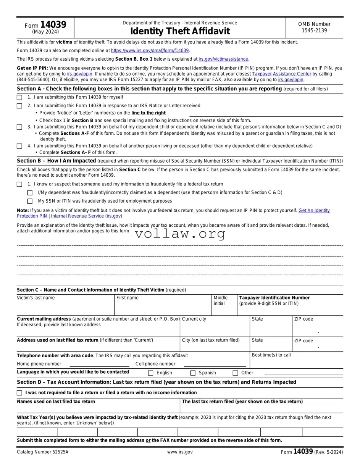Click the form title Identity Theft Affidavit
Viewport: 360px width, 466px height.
pyautogui.click(x=180, y=31)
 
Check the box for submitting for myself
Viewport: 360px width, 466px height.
pyautogui.click(x=19, y=97)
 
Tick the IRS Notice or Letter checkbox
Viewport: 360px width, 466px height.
pyautogui.click(x=19, y=106)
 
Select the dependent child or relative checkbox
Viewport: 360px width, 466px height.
pyautogui.click(x=19, y=127)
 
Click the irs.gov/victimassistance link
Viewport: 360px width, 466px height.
pyautogui.click(x=223, y=59)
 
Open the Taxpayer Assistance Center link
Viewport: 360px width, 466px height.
pyautogui.click(x=281, y=74)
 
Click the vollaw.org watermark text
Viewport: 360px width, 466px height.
pyautogui.click(x=180, y=234)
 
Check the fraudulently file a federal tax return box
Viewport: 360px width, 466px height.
pyautogui.click(x=19, y=184)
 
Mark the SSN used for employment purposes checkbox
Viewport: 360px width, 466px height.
pyautogui.click(x=30, y=201)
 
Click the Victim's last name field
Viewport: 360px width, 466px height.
pyautogui.click(x=65, y=308)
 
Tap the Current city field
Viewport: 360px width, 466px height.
pyautogui.click(x=215, y=329)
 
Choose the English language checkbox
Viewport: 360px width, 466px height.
pyautogui.click(x=150, y=373)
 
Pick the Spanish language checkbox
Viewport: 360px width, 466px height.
pyautogui.click(x=193, y=373)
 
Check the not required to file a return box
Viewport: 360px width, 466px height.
pyautogui.click(x=19, y=393)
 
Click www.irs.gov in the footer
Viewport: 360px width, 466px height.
pyautogui.click(x=180, y=452)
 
